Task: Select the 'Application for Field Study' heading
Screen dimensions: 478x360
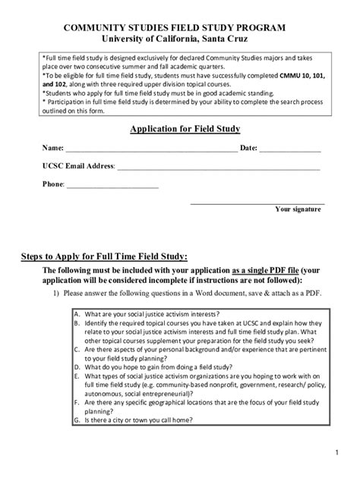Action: pos(179,129)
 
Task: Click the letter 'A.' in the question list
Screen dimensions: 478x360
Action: pos(77,313)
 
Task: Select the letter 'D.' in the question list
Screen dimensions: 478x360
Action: pos(77,366)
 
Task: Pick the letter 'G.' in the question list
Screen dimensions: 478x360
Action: pos(77,418)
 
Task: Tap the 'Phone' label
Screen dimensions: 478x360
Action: pos(53,184)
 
